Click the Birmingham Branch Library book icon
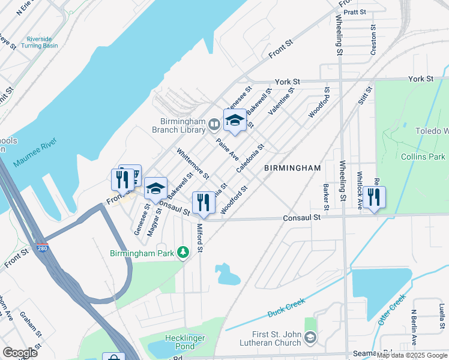click(214, 125)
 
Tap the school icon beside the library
click(235, 121)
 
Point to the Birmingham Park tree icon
click(183, 253)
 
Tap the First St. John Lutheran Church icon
click(310, 338)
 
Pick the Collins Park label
click(423, 157)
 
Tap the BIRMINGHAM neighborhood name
click(292, 169)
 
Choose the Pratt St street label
click(355, 11)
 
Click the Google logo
click(20, 352)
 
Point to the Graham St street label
click(30, 325)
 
